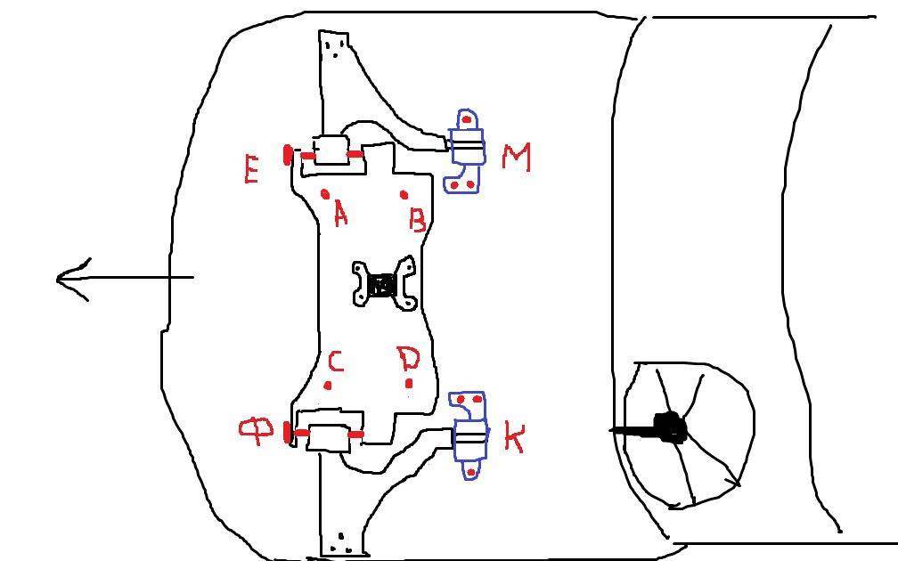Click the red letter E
click(x=251, y=168)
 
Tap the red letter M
click(x=516, y=158)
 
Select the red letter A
click(x=339, y=214)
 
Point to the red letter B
click(x=417, y=218)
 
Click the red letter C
click(x=335, y=362)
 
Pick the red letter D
click(x=408, y=359)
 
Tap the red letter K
click(x=514, y=438)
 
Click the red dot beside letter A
click(x=325, y=193)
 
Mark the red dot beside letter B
click(x=404, y=194)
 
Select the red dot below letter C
click(x=329, y=386)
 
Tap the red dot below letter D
click(x=409, y=384)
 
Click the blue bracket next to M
click(x=466, y=151)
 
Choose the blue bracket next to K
click(x=469, y=435)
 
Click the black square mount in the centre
click(x=383, y=286)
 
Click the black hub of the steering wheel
click(x=670, y=428)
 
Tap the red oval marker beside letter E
click(x=287, y=156)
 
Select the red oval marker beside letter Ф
click(x=287, y=433)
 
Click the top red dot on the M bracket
click(x=467, y=119)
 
